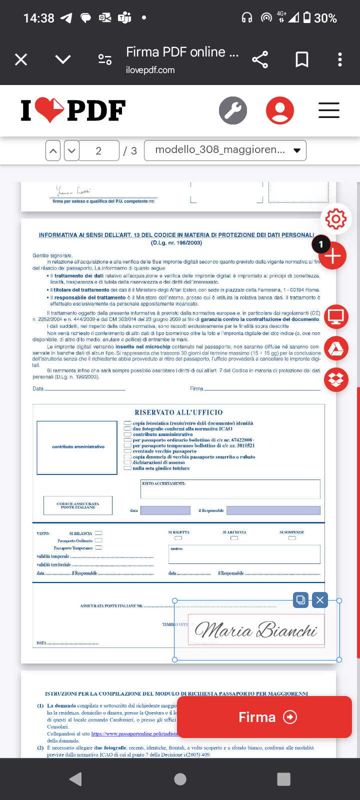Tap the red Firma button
(264, 717)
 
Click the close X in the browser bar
(21, 60)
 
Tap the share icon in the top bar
(260, 60)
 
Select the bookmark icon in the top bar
(302, 60)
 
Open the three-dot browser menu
(340, 60)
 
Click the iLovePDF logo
(73, 110)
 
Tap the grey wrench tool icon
(233, 110)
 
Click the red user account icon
(280, 110)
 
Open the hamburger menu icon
(329, 110)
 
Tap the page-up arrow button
(53, 150)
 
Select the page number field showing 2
(99, 150)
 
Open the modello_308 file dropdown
(225, 150)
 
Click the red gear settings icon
(336, 219)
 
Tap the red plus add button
(333, 256)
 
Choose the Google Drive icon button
(336, 348)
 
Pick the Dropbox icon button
(336, 380)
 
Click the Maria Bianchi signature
(256, 629)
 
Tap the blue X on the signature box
(320, 600)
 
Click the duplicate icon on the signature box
(301, 600)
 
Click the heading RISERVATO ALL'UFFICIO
(178, 412)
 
